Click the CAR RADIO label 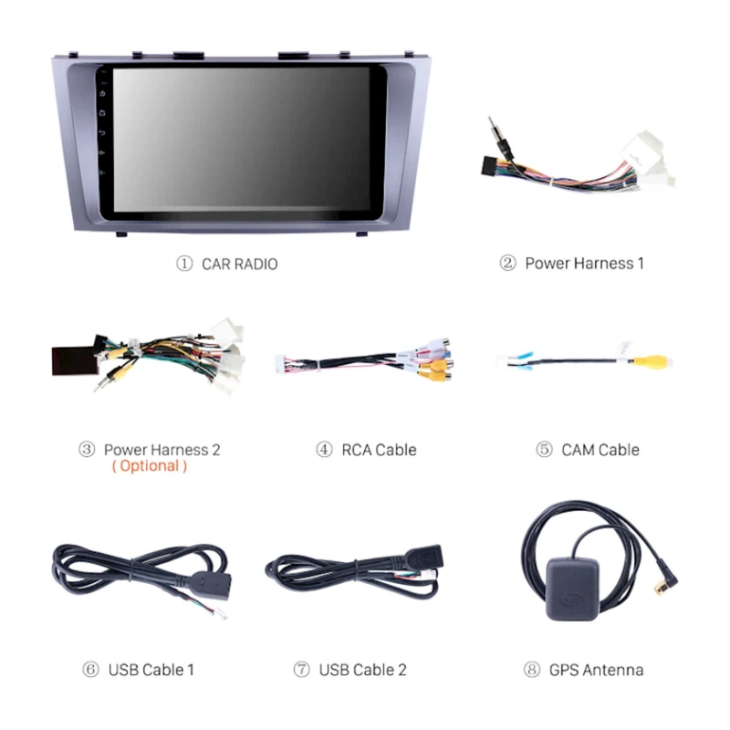[x=240, y=264]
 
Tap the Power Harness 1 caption [x=584, y=264]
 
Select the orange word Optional [x=150, y=466]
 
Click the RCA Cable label [x=379, y=450]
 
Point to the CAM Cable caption [x=600, y=450]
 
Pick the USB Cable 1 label [x=151, y=670]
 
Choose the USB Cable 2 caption [x=362, y=670]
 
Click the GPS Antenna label [x=596, y=670]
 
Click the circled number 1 [x=184, y=264]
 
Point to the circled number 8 [x=531, y=670]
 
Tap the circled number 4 [x=324, y=450]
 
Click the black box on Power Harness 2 [x=75, y=359]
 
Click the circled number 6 [x=89, y=670]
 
